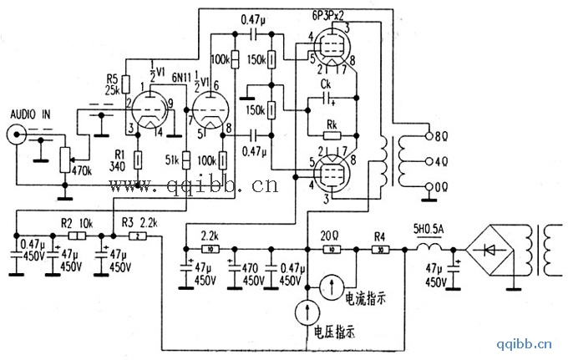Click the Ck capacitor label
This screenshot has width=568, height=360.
click(x=327, y=85)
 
